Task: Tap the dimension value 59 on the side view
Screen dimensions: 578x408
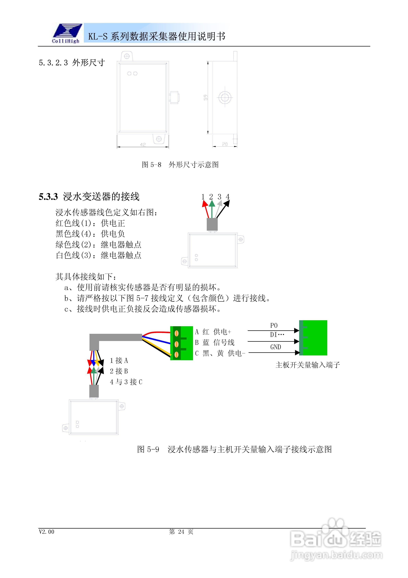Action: [x=206, y=97]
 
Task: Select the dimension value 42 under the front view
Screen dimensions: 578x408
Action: [x=143, y=144]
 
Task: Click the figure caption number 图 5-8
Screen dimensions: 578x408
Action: [x=151, y=165]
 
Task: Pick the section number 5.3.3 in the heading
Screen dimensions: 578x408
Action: [x=48, y=197]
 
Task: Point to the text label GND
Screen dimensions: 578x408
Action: [x=275, y=347]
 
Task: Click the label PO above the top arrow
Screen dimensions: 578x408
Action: [x=274, y=326]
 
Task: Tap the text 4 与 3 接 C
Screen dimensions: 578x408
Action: [x=126, y=382]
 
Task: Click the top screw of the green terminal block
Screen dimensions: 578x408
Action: [x=177, y=333]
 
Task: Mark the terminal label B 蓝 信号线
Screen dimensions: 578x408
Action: [x=215, y=342]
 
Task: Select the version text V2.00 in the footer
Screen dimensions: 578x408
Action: [x=46, y=532]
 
